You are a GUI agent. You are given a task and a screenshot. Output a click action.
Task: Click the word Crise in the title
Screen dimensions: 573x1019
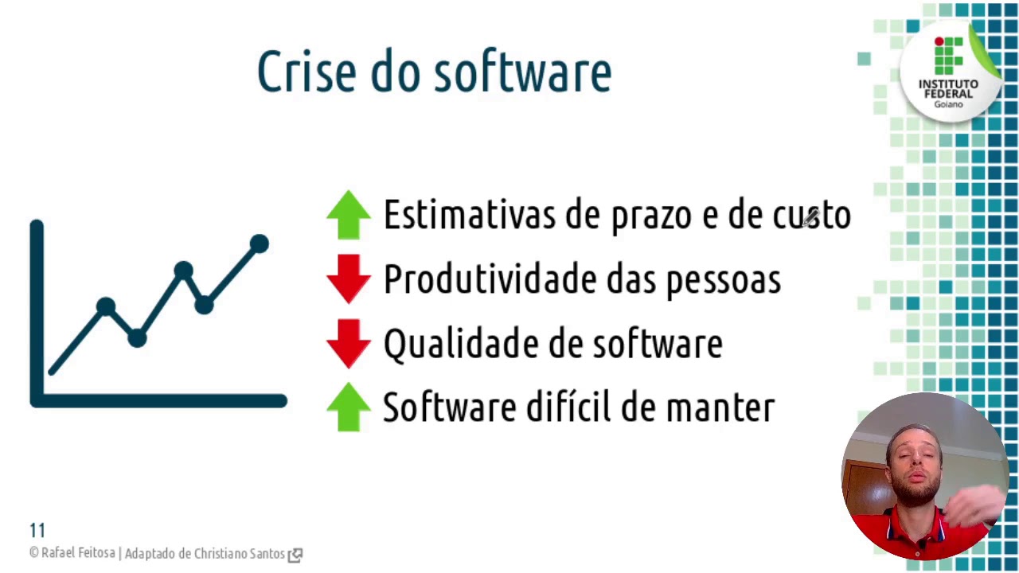(306, 72)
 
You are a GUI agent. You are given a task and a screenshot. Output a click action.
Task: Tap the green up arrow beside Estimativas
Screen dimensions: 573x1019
(349, 215)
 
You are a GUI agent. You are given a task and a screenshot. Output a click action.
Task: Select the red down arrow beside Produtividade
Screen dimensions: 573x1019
(349, 279)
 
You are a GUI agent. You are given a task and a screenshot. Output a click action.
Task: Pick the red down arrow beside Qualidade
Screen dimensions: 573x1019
(349, 343)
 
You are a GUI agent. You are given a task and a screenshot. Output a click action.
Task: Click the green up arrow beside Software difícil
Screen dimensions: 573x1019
(349, 407)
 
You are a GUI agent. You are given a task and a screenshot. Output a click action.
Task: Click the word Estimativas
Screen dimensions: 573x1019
(469, 215)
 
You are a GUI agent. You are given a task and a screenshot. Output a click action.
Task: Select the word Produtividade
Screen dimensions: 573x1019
(489, 279)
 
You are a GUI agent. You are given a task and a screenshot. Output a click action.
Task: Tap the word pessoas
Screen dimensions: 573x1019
(723, 281)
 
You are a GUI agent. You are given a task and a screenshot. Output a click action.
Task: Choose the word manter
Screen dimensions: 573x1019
(720, 407)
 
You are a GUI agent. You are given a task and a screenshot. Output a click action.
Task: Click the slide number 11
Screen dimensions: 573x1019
(37, 530)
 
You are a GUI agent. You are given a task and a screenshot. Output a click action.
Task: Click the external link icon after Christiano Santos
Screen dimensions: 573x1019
(295, 555)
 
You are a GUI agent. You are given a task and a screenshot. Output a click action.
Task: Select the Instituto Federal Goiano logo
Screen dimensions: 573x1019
(948, 72)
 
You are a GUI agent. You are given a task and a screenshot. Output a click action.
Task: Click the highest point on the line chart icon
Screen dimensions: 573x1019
(259, 244)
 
